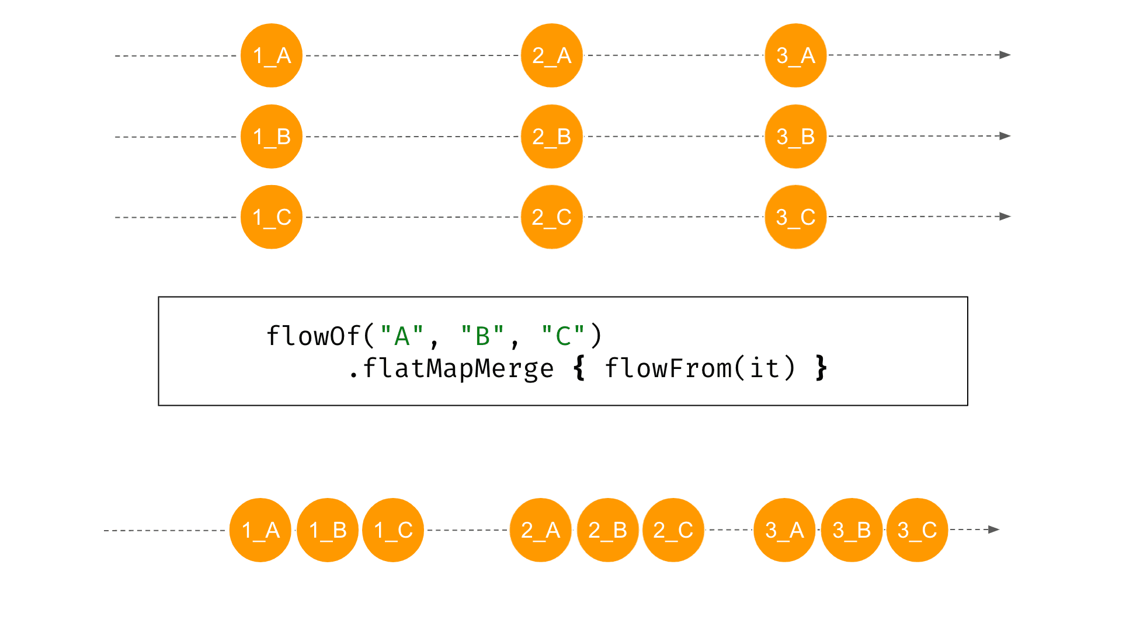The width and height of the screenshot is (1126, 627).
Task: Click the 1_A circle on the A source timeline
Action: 272,55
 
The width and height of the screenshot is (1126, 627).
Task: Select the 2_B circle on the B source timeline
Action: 552,137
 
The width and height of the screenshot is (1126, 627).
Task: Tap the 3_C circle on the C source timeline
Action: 796,217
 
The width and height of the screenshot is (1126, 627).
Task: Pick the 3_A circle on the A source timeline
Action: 796,55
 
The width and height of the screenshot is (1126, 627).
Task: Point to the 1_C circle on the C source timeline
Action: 272,217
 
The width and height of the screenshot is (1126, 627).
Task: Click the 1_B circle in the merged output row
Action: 328,530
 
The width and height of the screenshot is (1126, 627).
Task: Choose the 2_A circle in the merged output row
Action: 541,530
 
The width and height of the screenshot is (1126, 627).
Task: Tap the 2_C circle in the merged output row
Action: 673,530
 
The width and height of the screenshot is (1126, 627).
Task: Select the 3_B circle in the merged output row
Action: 852,530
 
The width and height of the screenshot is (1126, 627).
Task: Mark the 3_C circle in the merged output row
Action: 918,530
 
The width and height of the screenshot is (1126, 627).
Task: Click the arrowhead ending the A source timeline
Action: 1005,55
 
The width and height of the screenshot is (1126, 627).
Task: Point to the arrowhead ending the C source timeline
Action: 1005,217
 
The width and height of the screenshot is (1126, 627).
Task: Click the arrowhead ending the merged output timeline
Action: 994,530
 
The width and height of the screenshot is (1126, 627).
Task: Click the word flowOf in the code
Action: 314,336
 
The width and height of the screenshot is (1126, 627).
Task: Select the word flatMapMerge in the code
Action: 458,369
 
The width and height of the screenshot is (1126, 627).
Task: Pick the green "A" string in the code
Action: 402,336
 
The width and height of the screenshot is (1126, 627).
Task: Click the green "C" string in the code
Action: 563,336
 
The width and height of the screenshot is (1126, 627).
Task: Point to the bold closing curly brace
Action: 821,368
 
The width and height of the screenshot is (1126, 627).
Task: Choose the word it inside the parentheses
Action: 764,369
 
